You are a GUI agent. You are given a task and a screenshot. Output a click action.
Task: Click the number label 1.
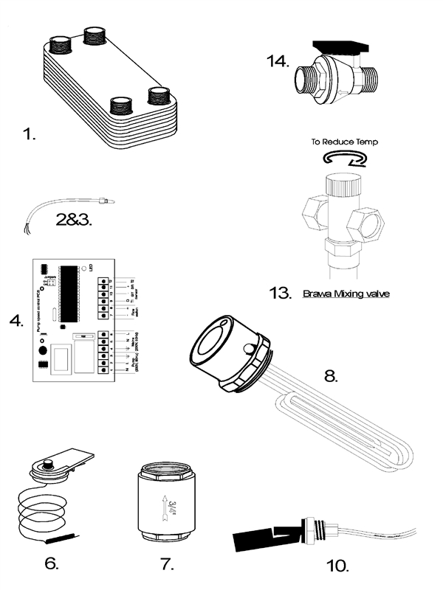point(29,135)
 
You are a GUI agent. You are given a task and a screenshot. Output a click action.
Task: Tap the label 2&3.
point(75,219)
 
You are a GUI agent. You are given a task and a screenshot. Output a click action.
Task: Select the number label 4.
point(15,322)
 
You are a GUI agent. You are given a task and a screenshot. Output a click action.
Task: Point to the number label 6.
point(51,563)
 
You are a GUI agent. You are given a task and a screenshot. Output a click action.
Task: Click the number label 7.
point(167,563)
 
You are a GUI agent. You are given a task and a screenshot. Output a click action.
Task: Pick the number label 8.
point(331,375)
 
